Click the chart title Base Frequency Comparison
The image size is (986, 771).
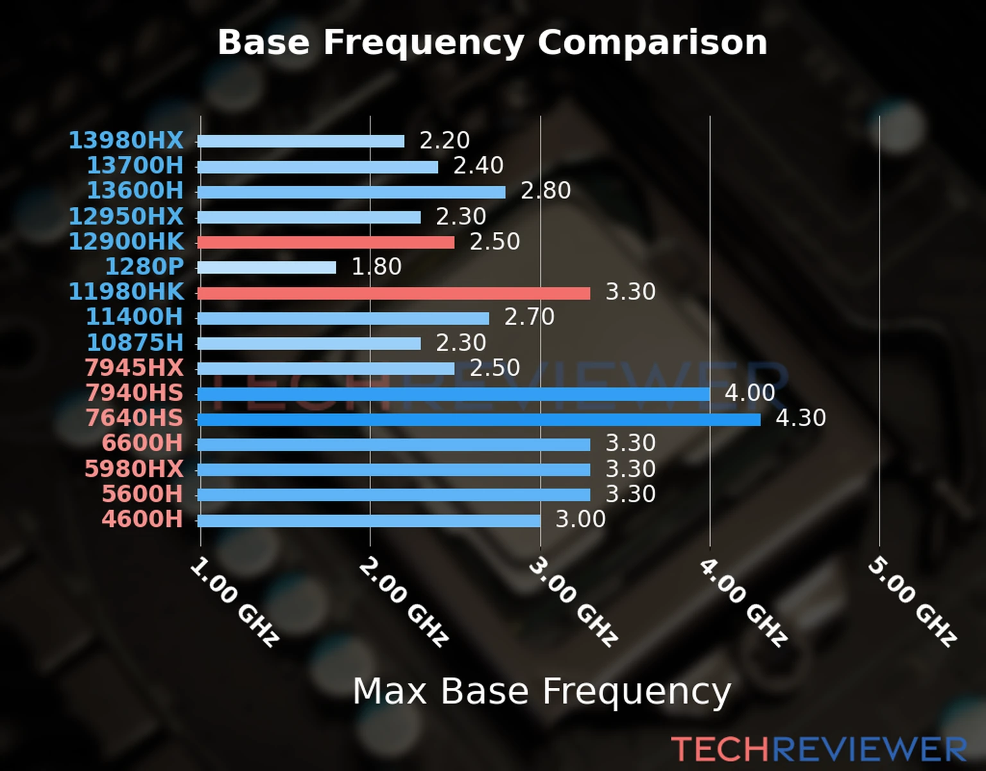coord(492,43)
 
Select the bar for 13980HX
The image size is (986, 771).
coord(300,141)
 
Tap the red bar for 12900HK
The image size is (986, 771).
coord(325,242)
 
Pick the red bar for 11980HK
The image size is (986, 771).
coord(394,293)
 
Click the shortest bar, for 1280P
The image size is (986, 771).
coord(266,267)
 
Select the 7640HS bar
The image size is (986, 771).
coord(478,420)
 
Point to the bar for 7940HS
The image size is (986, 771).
coord(453,394)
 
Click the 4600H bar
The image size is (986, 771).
coord(368,520)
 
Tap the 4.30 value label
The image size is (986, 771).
coord(800,418)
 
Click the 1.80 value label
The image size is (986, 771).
coord(376,267)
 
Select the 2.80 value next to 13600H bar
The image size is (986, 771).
coord(545,191)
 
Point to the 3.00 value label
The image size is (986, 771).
coord(580,519)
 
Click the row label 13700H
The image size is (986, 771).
coord(135,166)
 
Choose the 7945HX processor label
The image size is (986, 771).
coord(134,368)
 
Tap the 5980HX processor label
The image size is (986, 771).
coord(134,468)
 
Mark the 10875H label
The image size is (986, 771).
coord(135,342)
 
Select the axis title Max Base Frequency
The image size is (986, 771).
coord(542,692)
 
